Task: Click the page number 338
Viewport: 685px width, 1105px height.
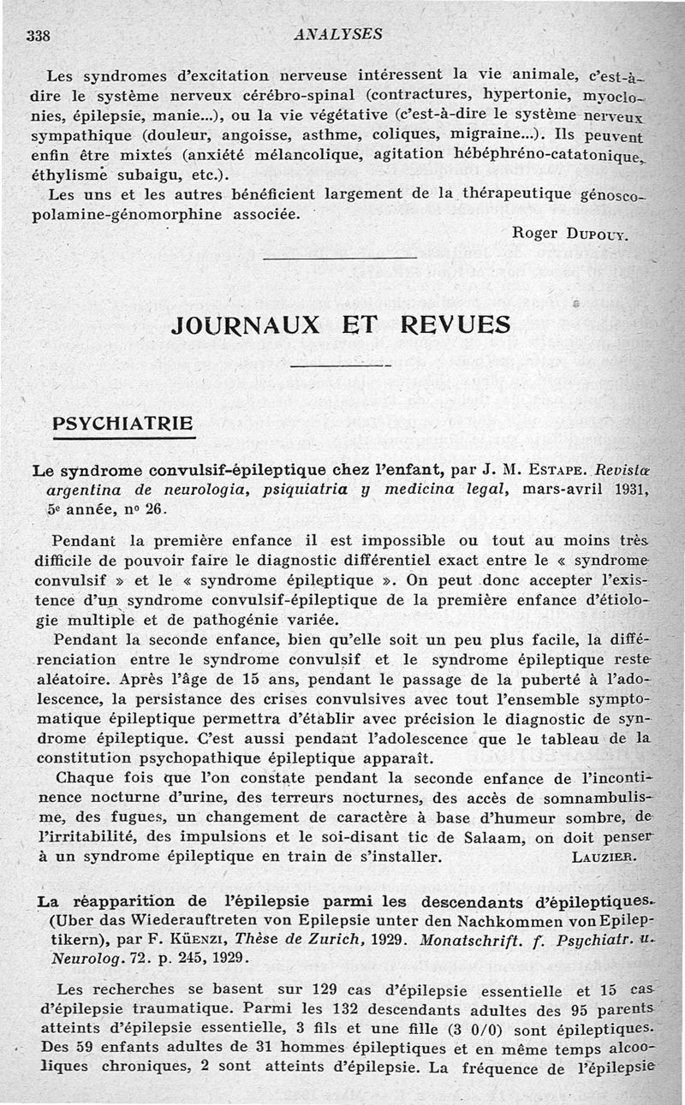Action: tap(39, 35)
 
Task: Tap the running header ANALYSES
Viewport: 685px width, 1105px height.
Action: tap(337, 34)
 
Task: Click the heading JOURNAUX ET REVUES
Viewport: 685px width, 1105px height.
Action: tap(341, 324)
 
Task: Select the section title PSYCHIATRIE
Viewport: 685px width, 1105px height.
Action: tap(124, 424)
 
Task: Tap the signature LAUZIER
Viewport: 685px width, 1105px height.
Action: tap(615, 856)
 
